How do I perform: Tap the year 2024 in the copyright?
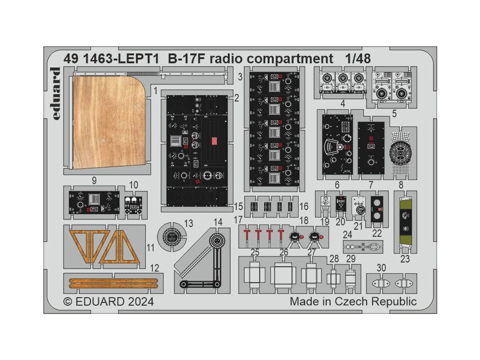pyautogui.click(x=137, y=301)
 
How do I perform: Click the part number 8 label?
pyautogui.click(x=401, y=185)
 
